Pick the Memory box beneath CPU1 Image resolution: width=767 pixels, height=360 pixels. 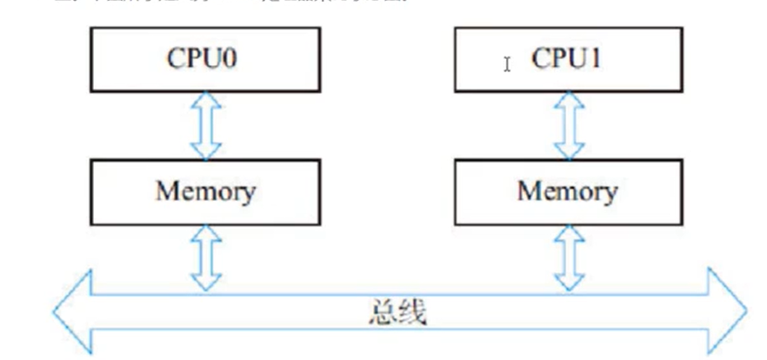[567, 190]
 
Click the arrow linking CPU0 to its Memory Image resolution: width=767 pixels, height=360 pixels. [206, 126]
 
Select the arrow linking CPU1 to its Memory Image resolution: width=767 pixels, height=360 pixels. [567, 126]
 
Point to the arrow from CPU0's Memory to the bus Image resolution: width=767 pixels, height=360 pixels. [206, 256]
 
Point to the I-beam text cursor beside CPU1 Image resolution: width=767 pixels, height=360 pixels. [507, 63]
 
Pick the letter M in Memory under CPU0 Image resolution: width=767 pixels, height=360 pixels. [168, 190]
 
